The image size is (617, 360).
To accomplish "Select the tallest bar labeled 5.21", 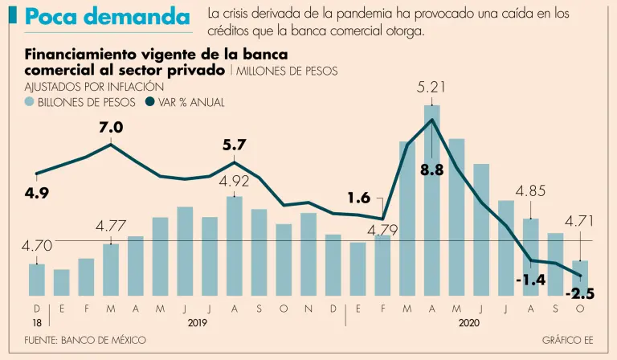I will (x=432, y=201).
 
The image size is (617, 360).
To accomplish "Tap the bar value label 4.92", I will (x=235, y=182).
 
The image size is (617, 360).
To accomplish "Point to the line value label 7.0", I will (x=111, y=127).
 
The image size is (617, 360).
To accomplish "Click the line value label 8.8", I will (x=432, y=169).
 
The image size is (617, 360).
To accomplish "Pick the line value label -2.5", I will (x=579, y=295).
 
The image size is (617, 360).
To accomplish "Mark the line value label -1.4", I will (x=530, y=280).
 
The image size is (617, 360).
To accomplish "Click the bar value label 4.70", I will (x=36, y=246).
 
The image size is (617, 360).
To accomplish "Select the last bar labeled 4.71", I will (x=580, y=277).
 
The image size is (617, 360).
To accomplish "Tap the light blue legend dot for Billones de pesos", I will (x=30, y=102).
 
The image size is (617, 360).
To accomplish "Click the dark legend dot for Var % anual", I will (x=150, y=102).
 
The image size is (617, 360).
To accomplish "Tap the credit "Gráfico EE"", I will (x=567, y=341).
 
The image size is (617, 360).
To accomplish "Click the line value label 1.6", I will (x=359, y=197).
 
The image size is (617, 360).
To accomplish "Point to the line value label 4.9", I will (x=37, y=192).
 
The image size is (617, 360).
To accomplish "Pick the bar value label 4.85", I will (x=530, y=191).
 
